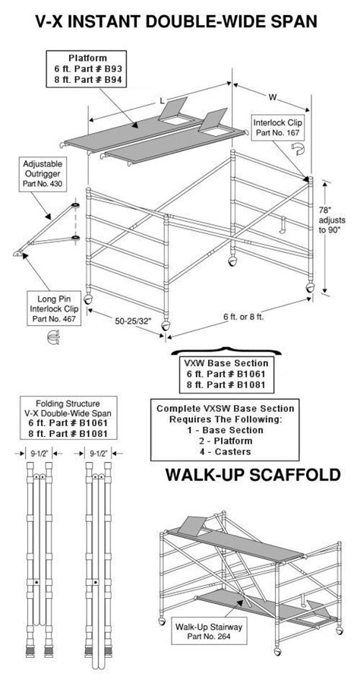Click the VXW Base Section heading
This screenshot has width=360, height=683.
223,363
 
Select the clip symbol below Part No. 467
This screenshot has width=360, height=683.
52,341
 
